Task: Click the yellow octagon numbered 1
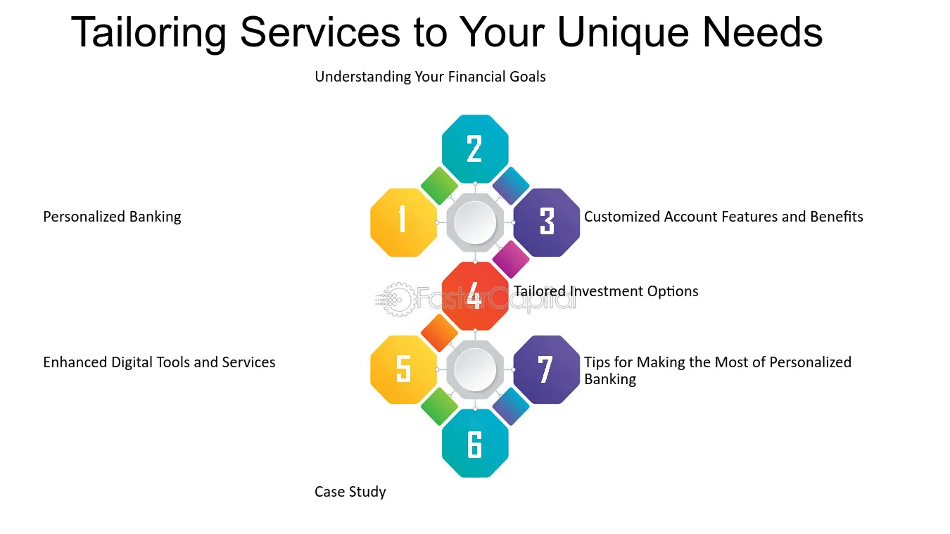tap(403, 222)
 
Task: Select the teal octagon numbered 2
tap(475, 148)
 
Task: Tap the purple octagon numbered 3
tap(547, 222)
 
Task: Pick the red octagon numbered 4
tap(475, 295)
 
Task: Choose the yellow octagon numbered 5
tap(403, 369)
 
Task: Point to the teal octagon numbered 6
tap(475, 443)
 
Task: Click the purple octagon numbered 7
tap(547, 369)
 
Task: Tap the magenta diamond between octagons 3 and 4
tap(511, 259)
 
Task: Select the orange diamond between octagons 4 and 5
tap(439, 333)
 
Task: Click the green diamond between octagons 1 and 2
tap(439, 186)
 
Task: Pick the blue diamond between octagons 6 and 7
tap(511, 406)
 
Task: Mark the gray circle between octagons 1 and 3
tap(475, 222)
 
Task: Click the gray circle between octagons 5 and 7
tap(475, 369)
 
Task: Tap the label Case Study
tap(350, 492)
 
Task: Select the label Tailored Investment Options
tap(606, 291)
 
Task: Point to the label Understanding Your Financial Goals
tap(430, 77)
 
